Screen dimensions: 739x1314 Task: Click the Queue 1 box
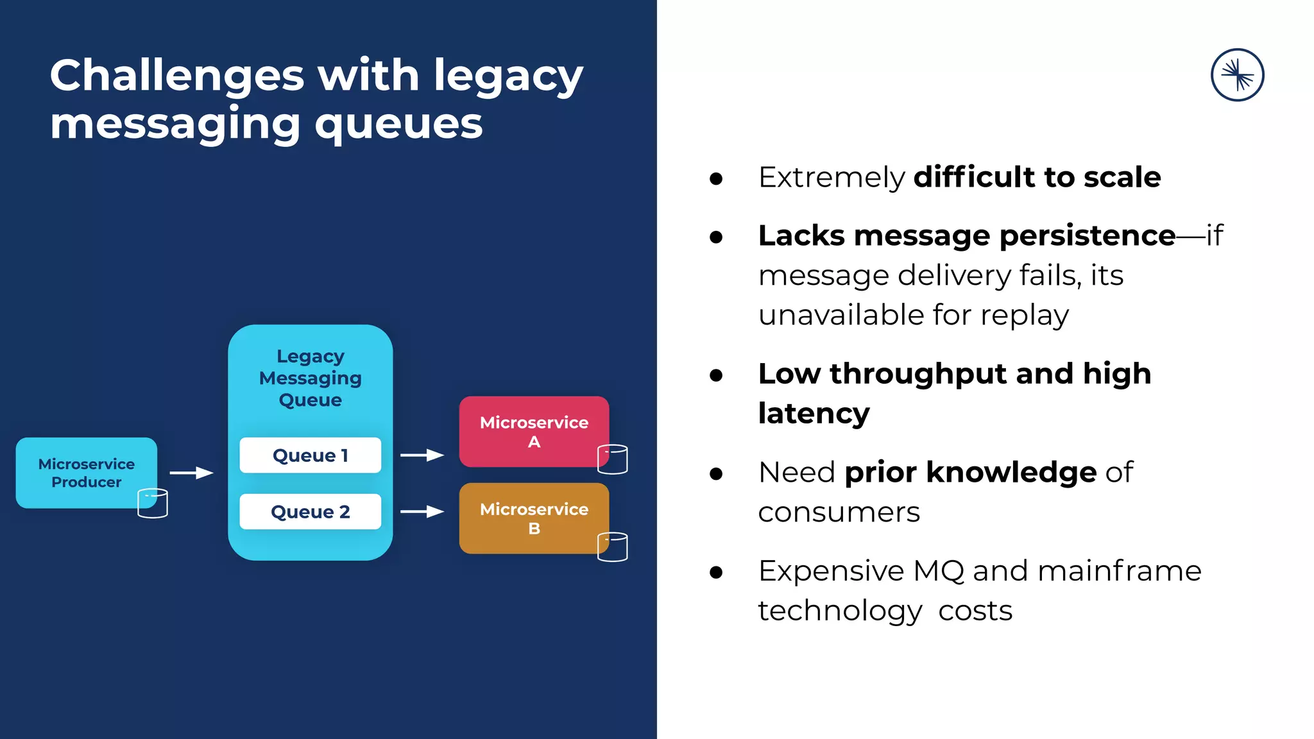tap(310, 455)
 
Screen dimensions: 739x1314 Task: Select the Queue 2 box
tap(310, 512)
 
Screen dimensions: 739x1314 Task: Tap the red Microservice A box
tap(534, 432)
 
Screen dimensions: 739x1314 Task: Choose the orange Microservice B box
tap(534, 518)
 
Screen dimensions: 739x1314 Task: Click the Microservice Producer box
tap(86, 473)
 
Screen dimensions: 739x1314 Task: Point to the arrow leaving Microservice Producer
tap(191, 473)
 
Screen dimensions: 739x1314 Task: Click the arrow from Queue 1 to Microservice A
tap(422, 455)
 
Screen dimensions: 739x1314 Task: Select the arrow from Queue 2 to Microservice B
tap(422, 511)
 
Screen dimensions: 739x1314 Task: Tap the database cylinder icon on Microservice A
tap(612, 459)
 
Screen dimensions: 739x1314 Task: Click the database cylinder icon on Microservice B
tap(612, 547)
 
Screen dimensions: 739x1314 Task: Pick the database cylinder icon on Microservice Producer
tap(153, 503)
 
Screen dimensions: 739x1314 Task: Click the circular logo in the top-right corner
tap(1237, 75)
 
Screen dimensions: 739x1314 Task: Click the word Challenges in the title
tap(177, 76)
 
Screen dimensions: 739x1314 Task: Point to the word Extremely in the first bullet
tap(832, 178)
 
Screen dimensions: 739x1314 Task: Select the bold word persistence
tap(1088, 236)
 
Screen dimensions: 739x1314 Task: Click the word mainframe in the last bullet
tap(1119, 571)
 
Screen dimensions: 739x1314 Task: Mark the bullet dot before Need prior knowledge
tap(716, 474)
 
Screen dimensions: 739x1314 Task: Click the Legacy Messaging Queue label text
tap(310, 378)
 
